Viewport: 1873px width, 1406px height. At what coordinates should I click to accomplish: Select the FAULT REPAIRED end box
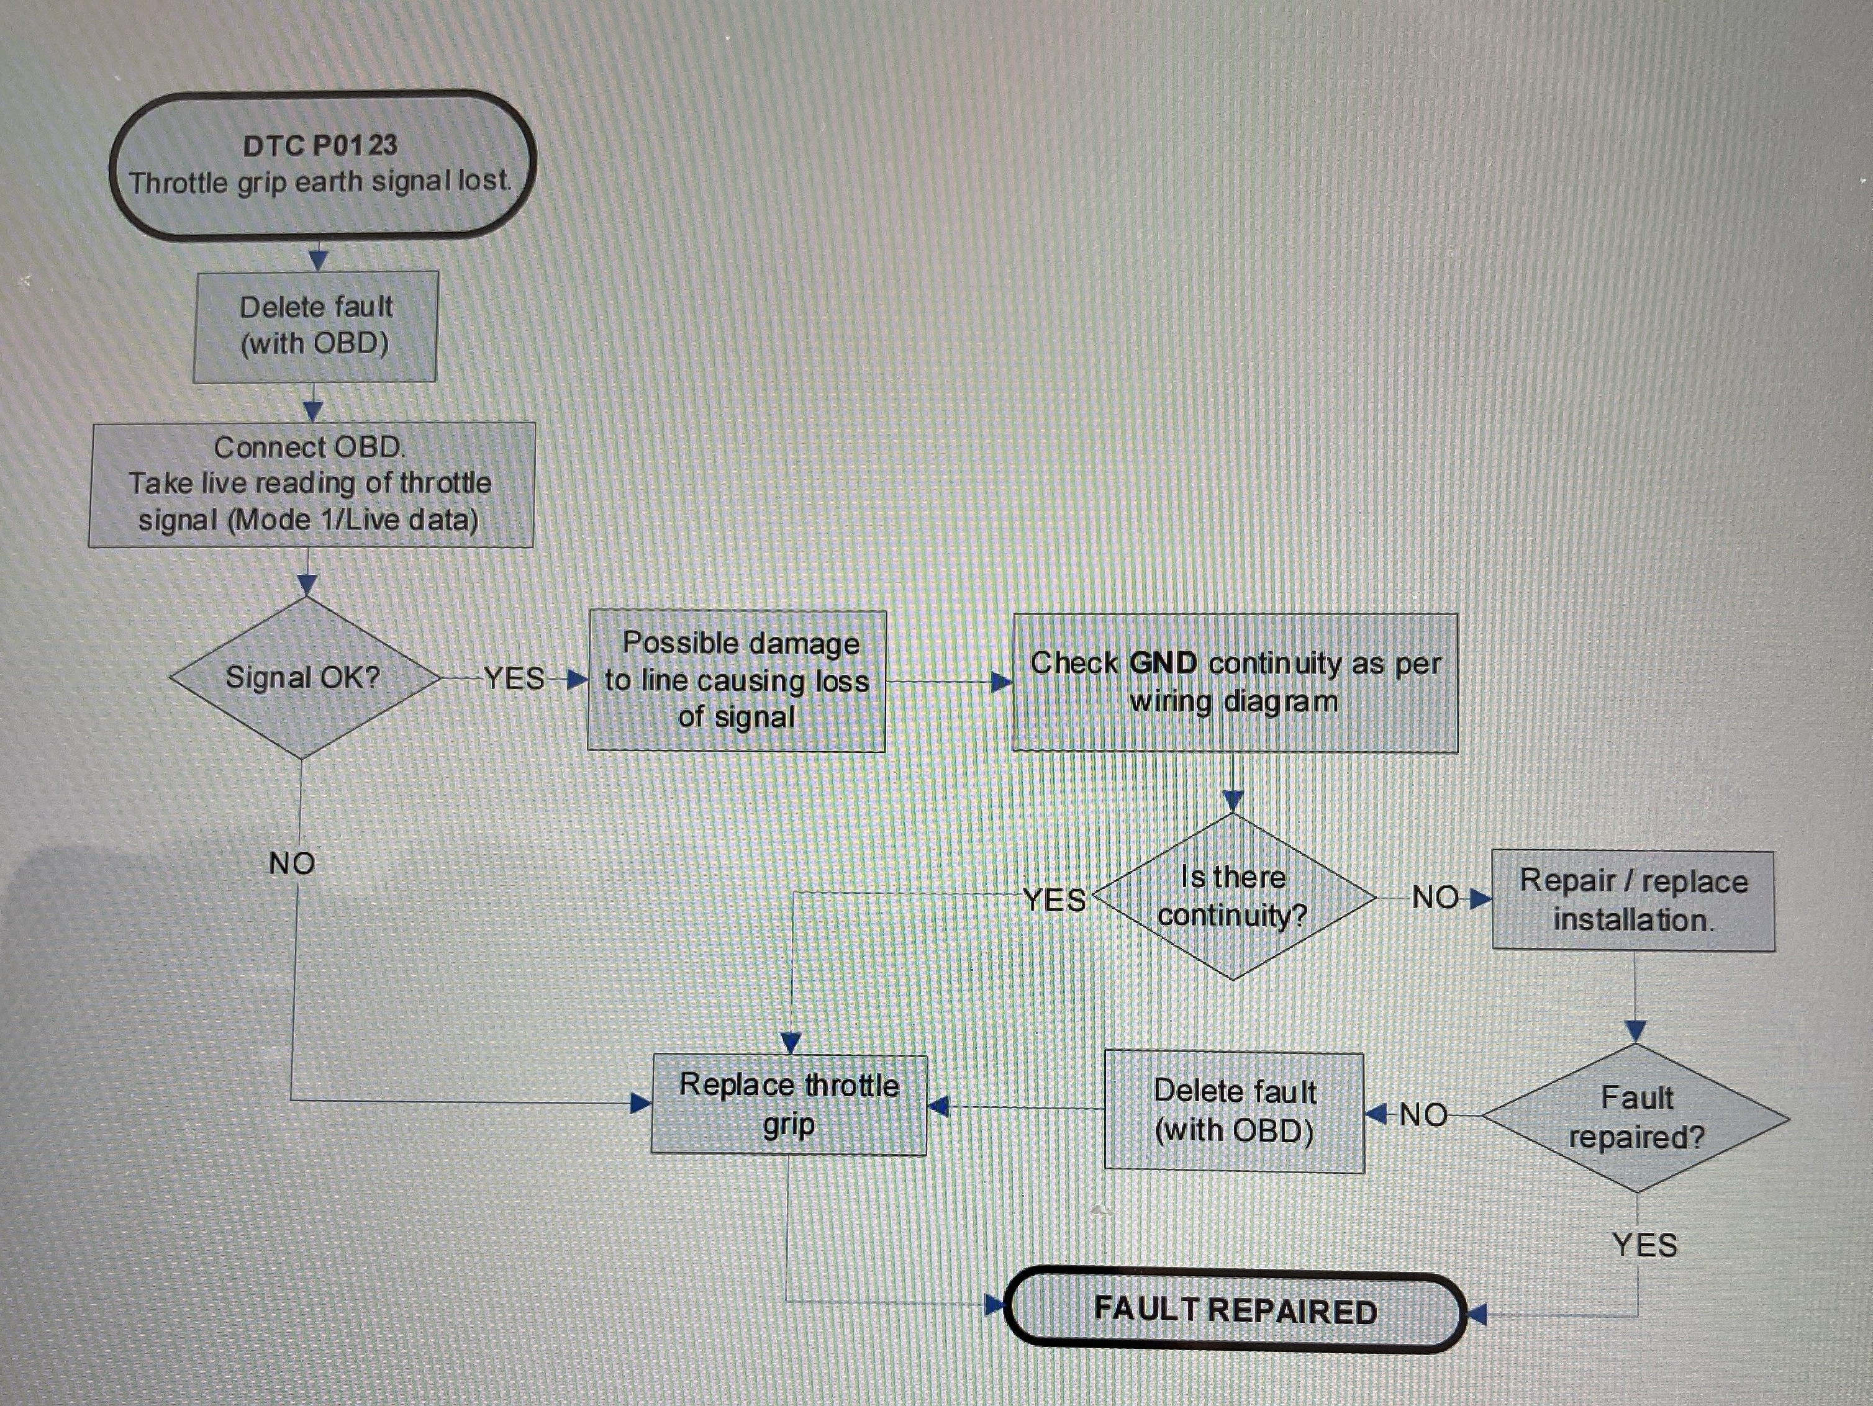click(x=1235, y=1310)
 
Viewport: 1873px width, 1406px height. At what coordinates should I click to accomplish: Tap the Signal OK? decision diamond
click(x=303, y=677)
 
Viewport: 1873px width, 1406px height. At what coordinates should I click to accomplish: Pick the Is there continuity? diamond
click(x=1233, y=896)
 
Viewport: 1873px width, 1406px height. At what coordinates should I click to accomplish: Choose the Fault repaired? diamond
click(x=1636, y=1117)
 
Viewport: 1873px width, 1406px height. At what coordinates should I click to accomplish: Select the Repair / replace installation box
click(x=1633, y=901)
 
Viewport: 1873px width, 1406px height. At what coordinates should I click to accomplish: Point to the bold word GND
click(x=1163, y=663)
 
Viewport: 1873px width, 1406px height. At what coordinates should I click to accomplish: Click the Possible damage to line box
click(x=737, y=680)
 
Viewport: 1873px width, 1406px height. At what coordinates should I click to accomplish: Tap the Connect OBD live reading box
click(x=311, y=484)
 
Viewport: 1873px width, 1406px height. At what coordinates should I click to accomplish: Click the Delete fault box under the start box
click(x=315, y=326)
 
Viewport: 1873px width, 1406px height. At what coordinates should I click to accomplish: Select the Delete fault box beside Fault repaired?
click(x=1234, y=1111)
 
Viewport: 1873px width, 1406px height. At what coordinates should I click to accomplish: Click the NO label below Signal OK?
click(x=292, y=863)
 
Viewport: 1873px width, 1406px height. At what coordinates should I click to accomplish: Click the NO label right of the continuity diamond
click(x=1435, y=897)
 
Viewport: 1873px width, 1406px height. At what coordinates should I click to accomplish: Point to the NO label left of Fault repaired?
click(x=1423, y=1115)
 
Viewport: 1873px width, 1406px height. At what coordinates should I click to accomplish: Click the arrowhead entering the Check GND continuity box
click(x=1002, y=682)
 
